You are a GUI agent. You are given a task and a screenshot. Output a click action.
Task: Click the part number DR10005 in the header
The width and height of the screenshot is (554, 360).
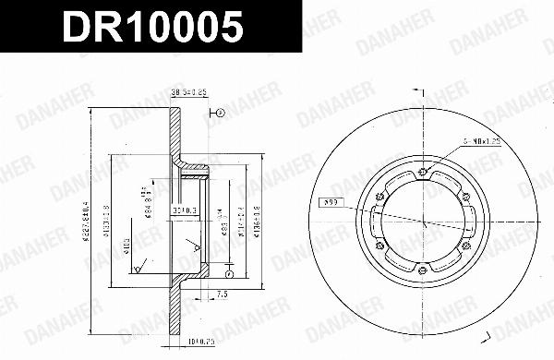[153, 27]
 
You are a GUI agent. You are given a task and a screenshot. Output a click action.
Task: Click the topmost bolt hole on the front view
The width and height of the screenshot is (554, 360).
[422, 169]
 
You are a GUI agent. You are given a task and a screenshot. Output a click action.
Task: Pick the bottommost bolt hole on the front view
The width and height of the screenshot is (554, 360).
[421, 270]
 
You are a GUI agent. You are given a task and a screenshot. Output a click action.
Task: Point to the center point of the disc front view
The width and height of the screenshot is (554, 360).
[422, 220]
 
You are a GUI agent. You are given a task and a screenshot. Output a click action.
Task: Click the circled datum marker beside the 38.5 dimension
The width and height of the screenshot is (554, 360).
[222, 113]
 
